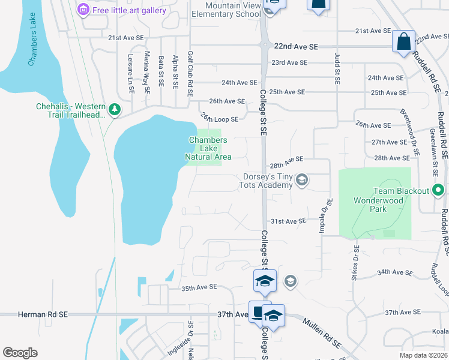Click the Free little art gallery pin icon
[83, 10]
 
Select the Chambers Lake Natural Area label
[208, 149]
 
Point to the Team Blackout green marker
[439, 191]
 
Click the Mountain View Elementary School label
[225, 9]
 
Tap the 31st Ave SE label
[289, 221]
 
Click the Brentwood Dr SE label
[412, 128]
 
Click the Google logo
[20, 352]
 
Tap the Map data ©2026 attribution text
[423, 355]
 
